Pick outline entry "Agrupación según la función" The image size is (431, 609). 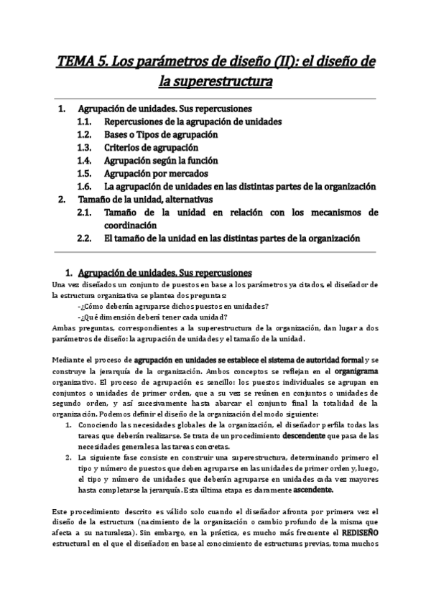point(161,160)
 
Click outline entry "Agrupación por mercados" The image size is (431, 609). point(156,173)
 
